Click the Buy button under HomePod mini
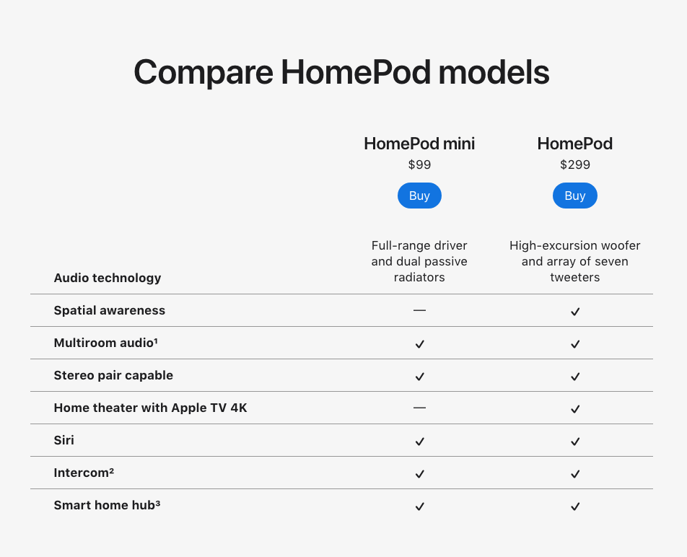click(x=419, y=196)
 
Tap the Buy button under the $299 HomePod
click(x=575, y=196)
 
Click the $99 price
click(x=419, y=165)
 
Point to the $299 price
click(x=575, y=165)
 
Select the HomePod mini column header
click(x=419, y=144)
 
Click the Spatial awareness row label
click(x=110, y=310)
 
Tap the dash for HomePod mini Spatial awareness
click(x=419, y=310)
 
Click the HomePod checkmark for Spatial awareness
click(x=575, y=312)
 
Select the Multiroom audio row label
click(x=105, y=343)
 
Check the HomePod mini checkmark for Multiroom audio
click(x=420, y=344)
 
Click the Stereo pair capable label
click(x=113, y=375)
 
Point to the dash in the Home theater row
click(x=419, y=408)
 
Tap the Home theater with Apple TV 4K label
click(x=150, y=408)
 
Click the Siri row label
click(x=64, y=440)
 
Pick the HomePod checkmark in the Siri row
click(x=575, y=442)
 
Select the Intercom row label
click(x=84, y=473)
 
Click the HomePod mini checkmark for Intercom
click(x=420, y=474)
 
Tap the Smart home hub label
click(x=107, y=505)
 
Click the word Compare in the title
click(x=204, y=72)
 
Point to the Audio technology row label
click(x=108, y=278)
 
